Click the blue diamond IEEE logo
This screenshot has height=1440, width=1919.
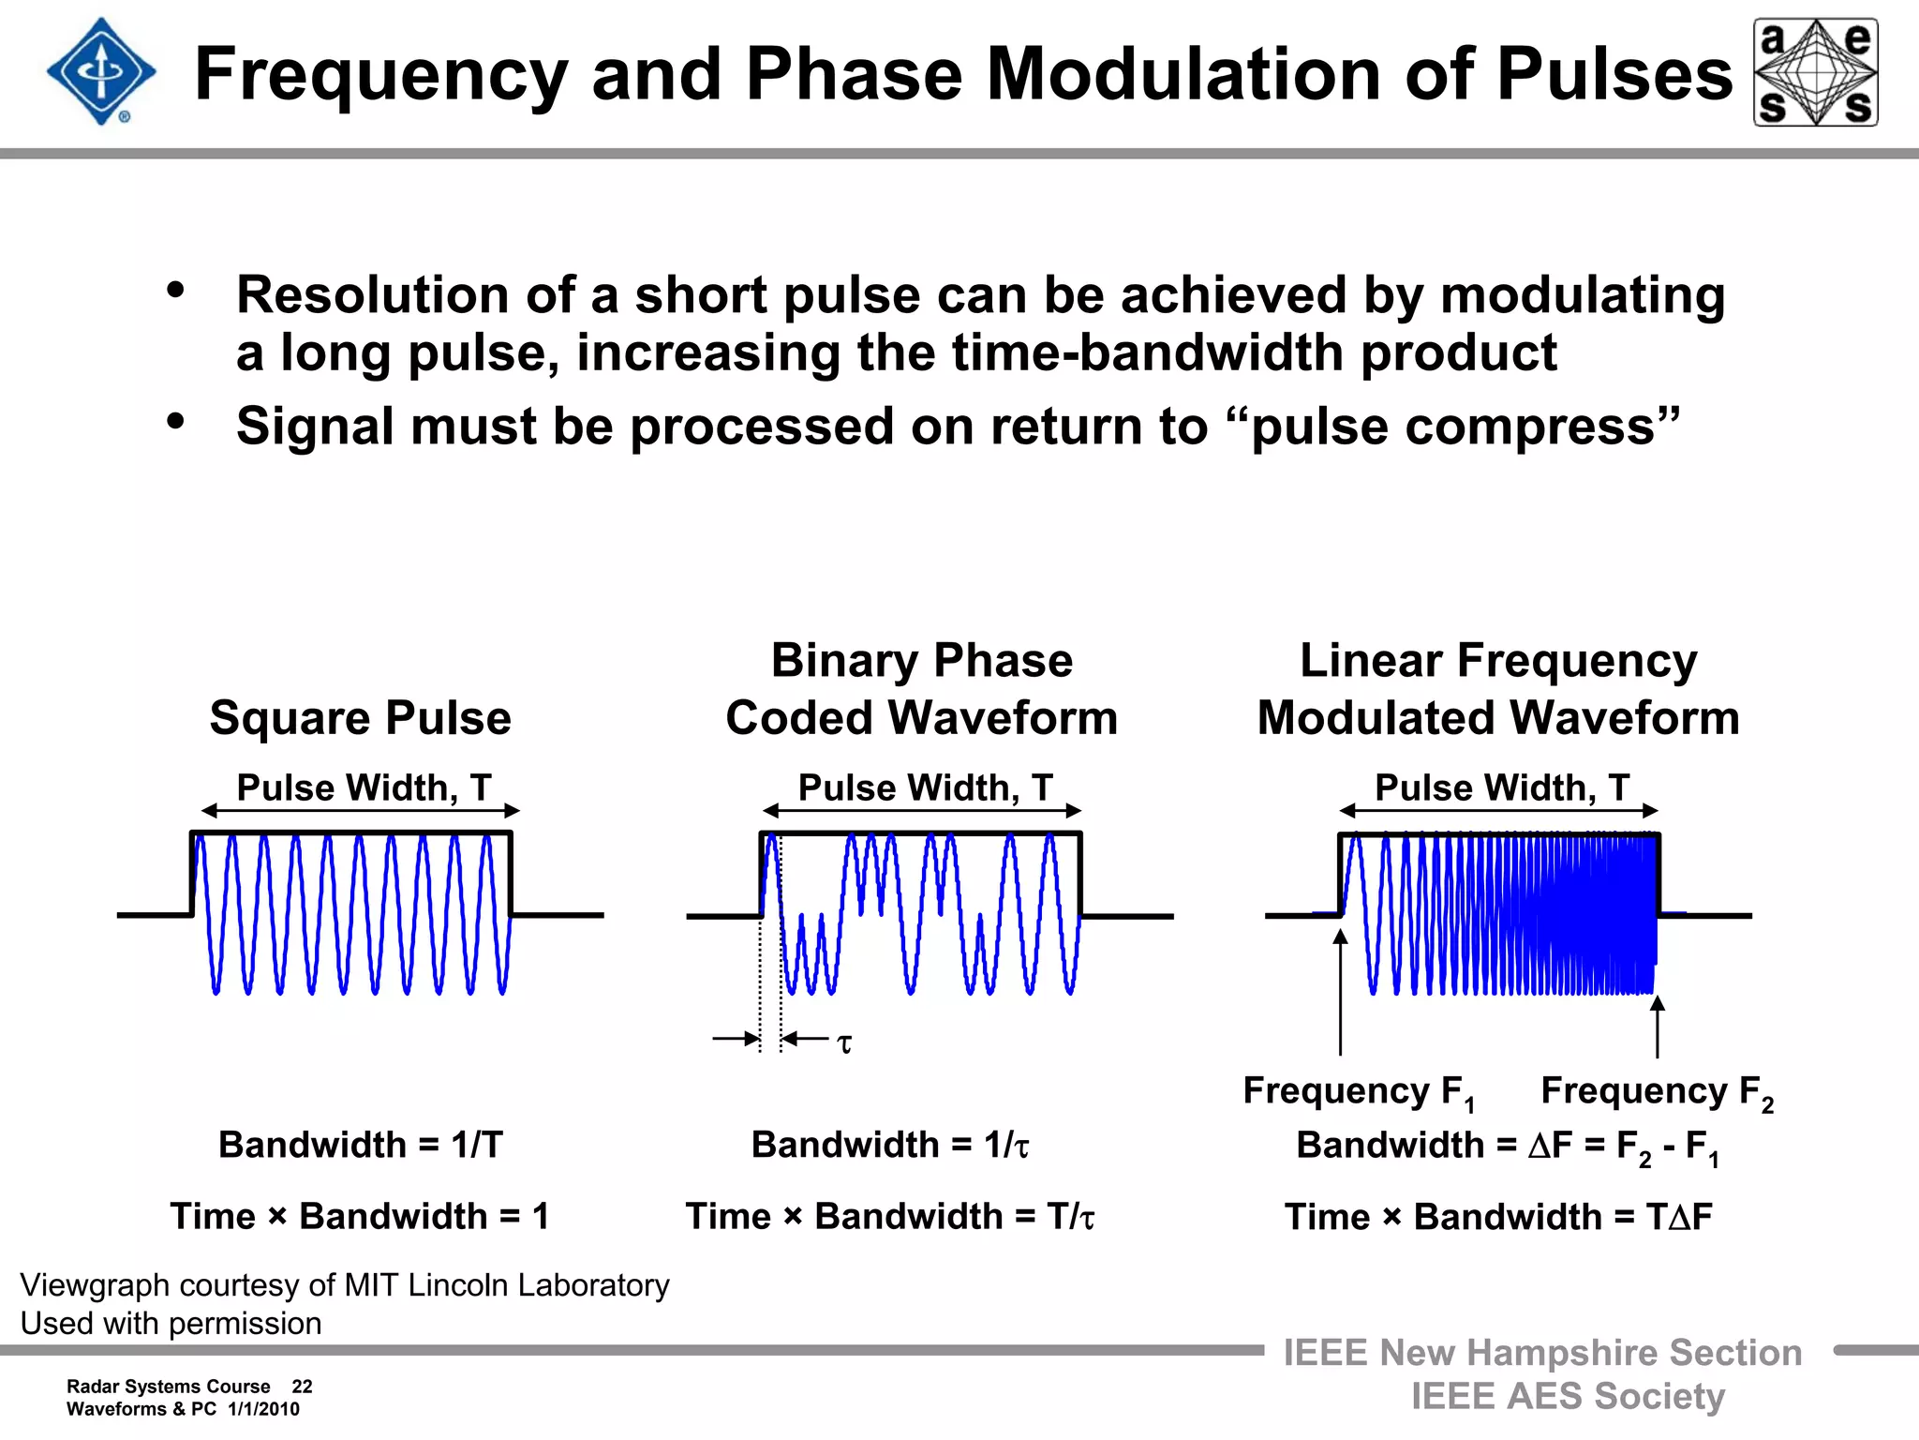(x=101, y=72)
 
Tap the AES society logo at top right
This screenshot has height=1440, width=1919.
(x=1815, y=72)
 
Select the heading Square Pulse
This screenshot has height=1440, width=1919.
(x=361, y=718)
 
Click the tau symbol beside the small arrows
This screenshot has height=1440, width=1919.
(x=844, y=1043)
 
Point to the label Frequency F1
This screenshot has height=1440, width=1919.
(x=1359, y=1091)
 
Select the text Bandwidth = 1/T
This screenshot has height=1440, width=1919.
(x=361, y=1145)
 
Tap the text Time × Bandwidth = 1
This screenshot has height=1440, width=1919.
(x=360, y=1217)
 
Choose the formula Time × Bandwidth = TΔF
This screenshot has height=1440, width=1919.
(x=1498, y=1217)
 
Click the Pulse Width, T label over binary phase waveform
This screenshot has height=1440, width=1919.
(x=925, y=787)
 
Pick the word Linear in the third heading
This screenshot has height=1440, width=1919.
(x=1370, y=661)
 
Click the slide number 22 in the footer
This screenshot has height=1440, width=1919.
(x=302, y=1387)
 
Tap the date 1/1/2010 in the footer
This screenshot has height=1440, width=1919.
(x=263, y=1409)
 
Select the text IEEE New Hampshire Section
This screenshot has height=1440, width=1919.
(x=1542, y=1353)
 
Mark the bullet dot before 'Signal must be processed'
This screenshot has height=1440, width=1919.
(x=175, y=422)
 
